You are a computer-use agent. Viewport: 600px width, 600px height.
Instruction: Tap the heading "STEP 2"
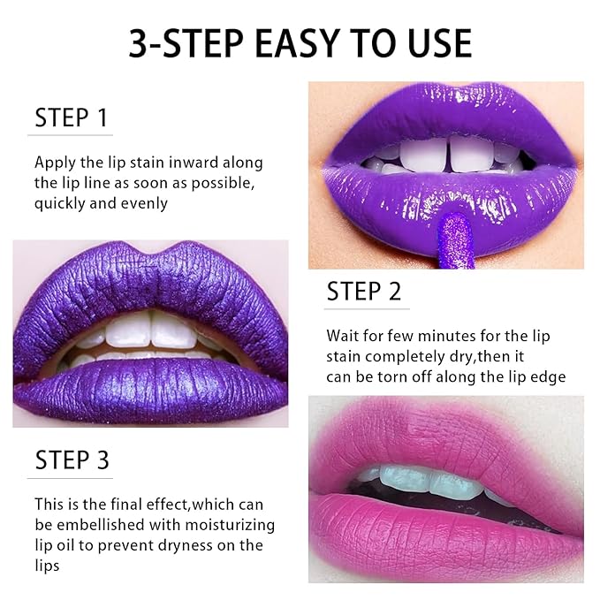[364, 292]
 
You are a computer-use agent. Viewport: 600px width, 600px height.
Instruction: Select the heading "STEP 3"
[72, 460]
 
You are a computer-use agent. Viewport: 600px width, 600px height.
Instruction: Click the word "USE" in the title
[434, 42]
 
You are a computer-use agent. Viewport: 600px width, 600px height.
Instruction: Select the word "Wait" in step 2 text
[344, 336]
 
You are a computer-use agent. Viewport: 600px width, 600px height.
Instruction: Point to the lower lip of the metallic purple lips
[150, 389]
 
